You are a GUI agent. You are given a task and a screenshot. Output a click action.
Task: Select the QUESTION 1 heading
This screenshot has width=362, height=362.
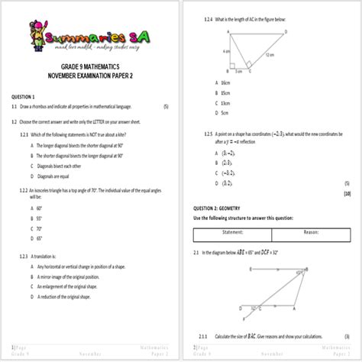(24, 97)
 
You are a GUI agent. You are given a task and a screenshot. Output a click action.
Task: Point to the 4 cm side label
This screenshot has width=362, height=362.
(227, 52)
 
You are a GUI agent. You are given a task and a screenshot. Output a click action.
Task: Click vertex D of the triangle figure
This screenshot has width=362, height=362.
(285, 32)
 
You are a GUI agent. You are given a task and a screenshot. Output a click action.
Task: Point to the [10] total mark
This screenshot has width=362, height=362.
(347, 194)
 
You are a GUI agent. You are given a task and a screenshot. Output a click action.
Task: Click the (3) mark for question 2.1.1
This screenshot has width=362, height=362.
(347, 336)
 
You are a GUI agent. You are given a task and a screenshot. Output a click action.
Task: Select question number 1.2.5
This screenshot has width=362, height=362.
(208, 132)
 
